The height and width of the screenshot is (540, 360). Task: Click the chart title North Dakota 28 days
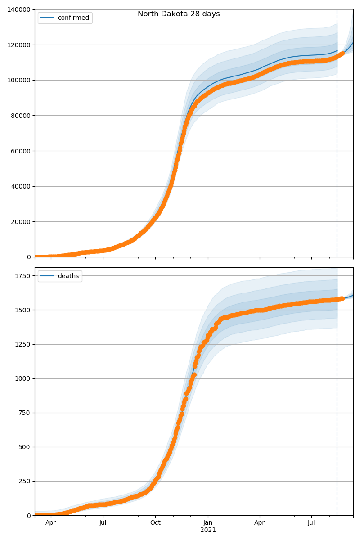[179, 14]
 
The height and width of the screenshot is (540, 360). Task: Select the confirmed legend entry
[73, 18]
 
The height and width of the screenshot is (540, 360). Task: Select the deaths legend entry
[68, 276]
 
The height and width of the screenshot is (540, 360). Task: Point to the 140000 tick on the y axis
[19, 9]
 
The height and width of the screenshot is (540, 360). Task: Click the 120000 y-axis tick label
[19, 45]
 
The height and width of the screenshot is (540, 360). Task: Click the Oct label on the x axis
[155, 523]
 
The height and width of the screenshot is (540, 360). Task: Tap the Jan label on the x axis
[208, 523]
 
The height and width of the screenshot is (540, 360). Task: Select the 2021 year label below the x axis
[208, 530]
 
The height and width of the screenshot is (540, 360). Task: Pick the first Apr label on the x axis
[50, 523]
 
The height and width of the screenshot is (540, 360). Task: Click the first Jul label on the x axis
[103, 523]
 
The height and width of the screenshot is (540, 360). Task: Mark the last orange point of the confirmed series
[342, 54]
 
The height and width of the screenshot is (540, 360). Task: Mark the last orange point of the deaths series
[342, 298]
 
